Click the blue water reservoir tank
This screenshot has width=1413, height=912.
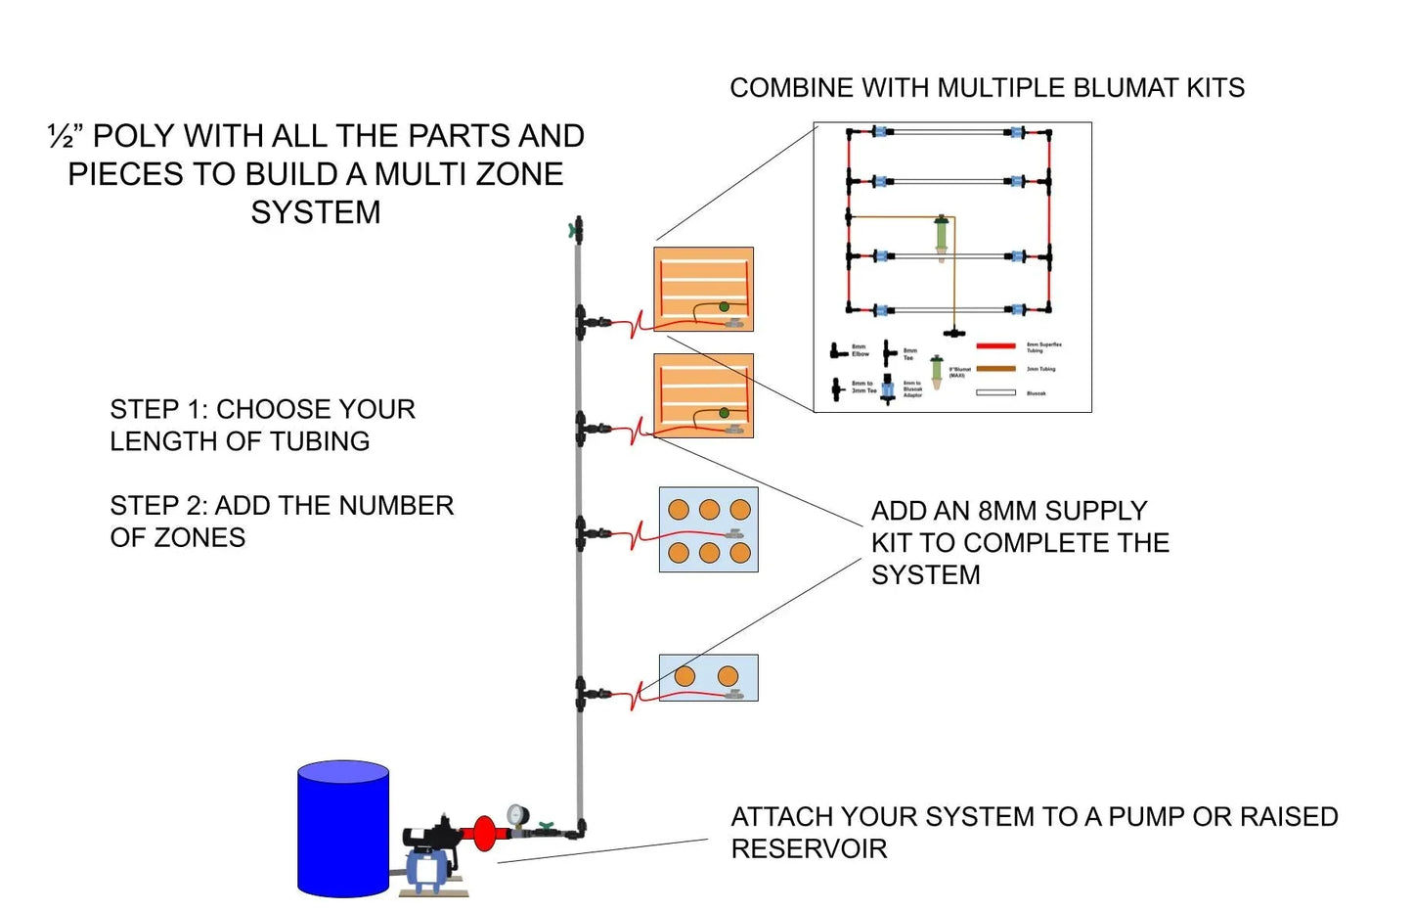pyautogui.click(x=343, y=829)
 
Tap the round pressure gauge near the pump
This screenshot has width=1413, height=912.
pyautogui.click(x=516, y=814)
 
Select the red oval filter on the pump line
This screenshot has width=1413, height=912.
pyautogui.click(x=484, y=833)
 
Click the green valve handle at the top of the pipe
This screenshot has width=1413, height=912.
pyautogui.click(x=572, y=231)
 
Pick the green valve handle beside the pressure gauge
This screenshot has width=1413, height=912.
pyautogui.click(x=545, y=827)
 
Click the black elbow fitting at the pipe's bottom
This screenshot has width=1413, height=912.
pyautogui.click(x=580, y=830)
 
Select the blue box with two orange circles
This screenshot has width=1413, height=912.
pyautogui.click(x=708, y=677)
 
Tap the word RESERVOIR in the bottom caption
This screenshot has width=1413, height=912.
pyautogui.click(x=809, y=848)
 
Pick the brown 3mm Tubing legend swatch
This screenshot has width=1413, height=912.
pyautogui.click(x=995, y=370)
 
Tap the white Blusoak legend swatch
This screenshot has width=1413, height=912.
pyautogui.click(x=995, y=393)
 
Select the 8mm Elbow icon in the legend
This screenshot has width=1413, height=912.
pyautogui.click(x=837, y=350)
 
